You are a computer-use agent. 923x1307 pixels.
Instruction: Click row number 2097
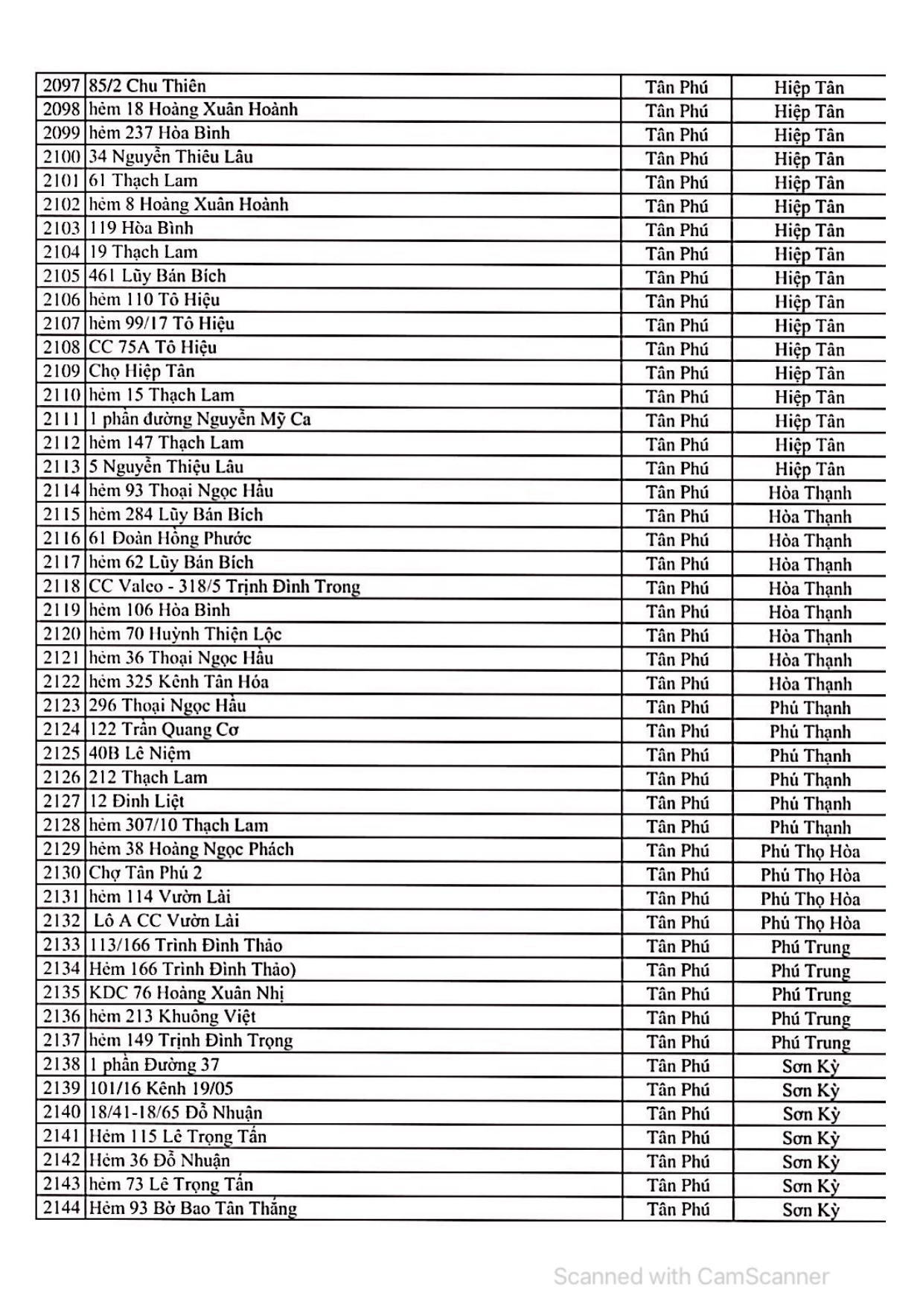pos(61,86)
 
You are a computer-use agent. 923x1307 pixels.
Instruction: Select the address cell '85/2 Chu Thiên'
pos(147,86)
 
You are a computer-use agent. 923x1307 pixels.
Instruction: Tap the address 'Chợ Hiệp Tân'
pos(141,372)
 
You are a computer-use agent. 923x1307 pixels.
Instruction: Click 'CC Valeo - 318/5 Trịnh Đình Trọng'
pos(224,587)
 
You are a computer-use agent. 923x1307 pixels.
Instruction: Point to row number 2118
pos(61,587)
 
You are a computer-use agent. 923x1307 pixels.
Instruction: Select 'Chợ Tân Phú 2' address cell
pos(145,873)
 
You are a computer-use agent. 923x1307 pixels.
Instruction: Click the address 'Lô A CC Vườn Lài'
pos(166,921)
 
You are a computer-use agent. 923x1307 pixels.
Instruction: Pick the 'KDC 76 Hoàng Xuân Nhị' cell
pos(186,993)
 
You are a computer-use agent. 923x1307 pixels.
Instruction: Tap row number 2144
pos(61,1208)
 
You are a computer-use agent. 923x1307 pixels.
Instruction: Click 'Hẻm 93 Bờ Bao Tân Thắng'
pos(193,1208)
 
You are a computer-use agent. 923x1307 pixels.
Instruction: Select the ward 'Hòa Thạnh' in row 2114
pos(810,493)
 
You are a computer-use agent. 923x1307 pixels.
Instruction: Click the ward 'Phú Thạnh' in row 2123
pos(810,707)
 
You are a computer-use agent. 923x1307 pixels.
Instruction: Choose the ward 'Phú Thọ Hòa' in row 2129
pos(810,851)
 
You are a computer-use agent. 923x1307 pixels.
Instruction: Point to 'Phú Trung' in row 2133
pos(810,947)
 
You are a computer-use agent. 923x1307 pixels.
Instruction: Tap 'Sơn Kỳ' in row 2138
pos(810,1066)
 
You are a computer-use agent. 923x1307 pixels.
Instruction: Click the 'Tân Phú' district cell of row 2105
pos(677,278)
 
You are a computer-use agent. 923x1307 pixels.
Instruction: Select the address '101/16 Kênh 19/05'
pos(161,1089)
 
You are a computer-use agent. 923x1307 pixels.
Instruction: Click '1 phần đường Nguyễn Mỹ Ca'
pos(199,419)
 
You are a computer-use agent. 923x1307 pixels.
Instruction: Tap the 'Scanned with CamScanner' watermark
pos(691,1276)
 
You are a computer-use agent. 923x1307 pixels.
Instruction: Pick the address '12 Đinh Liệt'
pos(136,801)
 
